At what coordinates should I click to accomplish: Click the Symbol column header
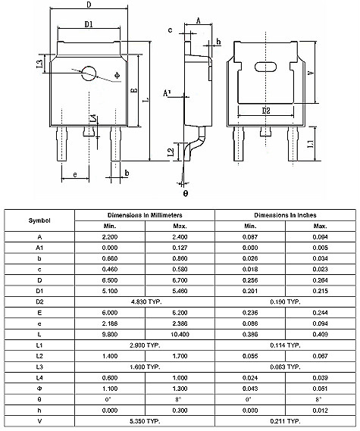click(40, 220)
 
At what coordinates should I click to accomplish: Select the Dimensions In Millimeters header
click(145, 214)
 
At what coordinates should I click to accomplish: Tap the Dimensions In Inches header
click(285, 214)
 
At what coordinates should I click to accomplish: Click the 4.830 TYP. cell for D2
click(145, 301)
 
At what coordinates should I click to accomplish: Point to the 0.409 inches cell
click(320, 333)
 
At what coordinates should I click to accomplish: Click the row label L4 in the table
click(40, 376)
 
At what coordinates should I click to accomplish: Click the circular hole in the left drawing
click(89, 73)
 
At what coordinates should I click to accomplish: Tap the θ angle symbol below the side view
click(184, 193)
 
